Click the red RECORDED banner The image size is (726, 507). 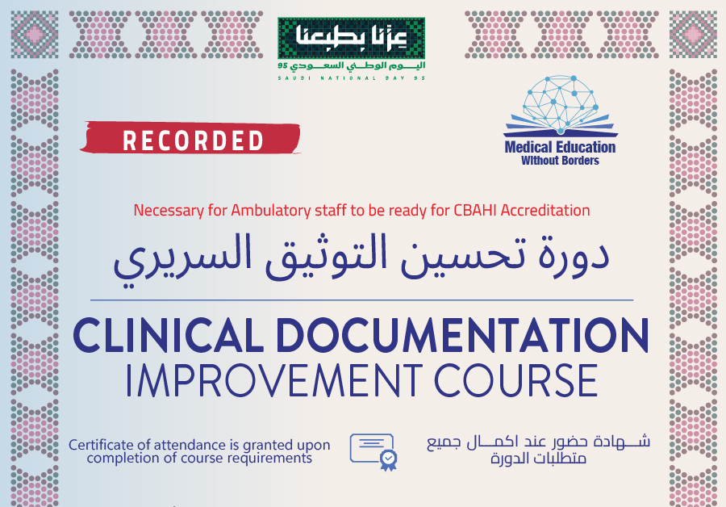click(190, 137)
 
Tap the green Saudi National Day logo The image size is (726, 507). click(352, 48)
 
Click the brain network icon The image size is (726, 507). click(561, 103)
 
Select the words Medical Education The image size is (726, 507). click(561, 148)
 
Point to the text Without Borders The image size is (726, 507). click(561, 161)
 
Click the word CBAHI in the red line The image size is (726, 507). click(475, 211)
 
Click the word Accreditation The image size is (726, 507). click(545, 211)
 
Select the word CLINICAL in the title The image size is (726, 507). click(168, 335)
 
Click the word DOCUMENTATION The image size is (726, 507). click(462, 335)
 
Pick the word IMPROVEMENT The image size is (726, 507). click(273, 380)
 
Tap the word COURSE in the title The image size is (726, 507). click(516, 380)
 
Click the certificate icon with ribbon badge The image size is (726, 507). click(373, 452)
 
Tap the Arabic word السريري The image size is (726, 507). click(182, 260)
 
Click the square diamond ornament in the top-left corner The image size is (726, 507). click(35, 35)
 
